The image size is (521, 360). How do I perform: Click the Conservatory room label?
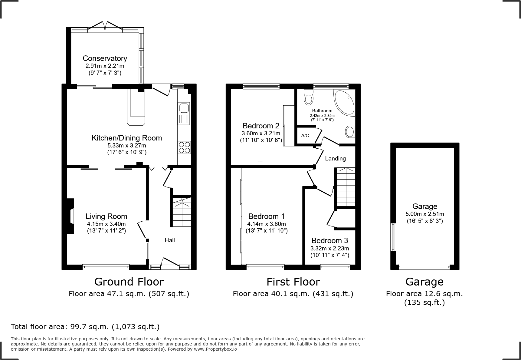105,58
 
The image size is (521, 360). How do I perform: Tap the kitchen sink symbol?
184,113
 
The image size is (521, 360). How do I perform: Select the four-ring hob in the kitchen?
184,147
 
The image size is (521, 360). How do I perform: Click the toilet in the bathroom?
309,97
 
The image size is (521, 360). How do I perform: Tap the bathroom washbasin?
350,132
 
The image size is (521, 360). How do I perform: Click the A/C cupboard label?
305,136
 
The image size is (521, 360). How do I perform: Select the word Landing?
335,158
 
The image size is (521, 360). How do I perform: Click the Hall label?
170,240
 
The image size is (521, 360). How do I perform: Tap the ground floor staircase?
182,212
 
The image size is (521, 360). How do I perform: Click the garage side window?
393,237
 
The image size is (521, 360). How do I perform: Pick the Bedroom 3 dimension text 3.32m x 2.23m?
329,248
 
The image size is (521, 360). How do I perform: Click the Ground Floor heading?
129,282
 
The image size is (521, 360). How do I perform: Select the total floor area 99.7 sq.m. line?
85,326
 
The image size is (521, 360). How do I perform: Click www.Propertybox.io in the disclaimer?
215,349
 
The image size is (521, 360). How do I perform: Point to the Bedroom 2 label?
261,126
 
